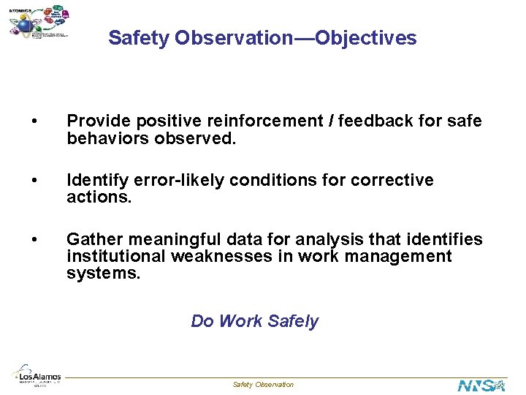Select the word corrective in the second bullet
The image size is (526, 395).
[x=392, y=181]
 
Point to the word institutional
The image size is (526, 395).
[x=116, y=257]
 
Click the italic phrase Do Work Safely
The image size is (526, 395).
[x=254, y=321]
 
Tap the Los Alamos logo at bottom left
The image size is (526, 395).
[x=37, y=373]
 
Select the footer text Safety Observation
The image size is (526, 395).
[x=263, y=385]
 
